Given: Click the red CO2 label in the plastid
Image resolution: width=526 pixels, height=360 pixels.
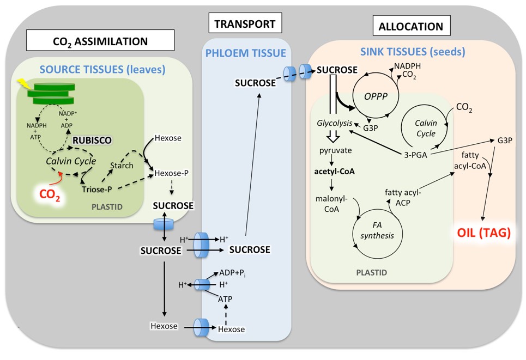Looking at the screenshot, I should pos(49,194).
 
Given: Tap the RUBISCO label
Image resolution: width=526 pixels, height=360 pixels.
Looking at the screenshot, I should pos(93,140).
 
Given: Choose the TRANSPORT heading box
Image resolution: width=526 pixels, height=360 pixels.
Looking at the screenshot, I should pos(245,23).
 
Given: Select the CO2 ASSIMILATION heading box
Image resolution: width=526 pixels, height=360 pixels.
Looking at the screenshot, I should pos(100,40).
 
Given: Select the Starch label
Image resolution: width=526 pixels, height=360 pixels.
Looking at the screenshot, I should pos(122,165).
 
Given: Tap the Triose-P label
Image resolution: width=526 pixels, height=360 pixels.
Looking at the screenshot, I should pos(98,190).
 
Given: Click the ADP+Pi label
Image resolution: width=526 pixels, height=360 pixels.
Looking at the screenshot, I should pos(235,272).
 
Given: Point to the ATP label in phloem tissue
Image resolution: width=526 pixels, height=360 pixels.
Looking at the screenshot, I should pos(225,299).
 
